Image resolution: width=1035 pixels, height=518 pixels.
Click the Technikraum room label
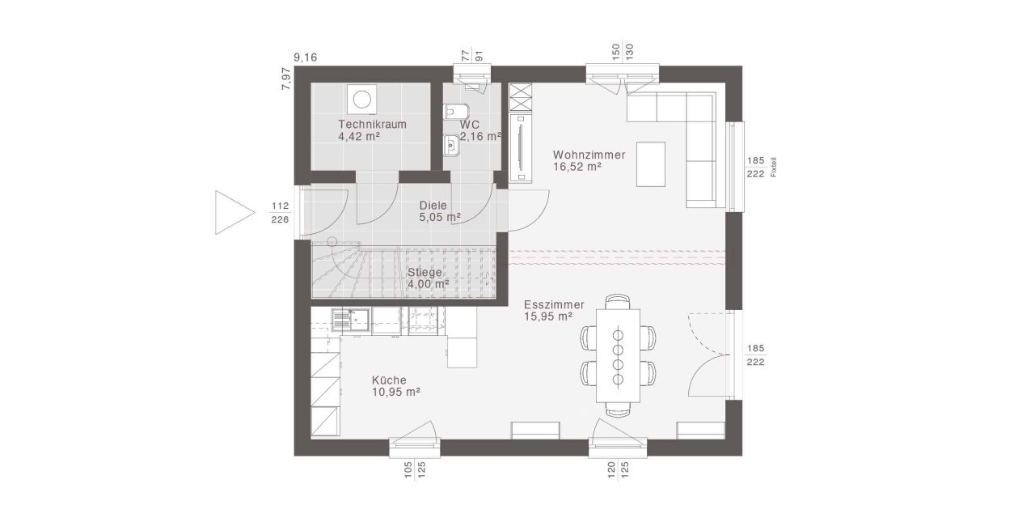click(372, 125)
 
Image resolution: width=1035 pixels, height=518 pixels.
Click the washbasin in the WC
click(450, 145)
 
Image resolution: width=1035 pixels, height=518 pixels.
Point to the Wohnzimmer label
click(589, 155)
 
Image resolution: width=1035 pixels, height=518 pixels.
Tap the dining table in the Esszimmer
click(618, 355)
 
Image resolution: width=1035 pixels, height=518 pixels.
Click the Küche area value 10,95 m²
click(395, 392)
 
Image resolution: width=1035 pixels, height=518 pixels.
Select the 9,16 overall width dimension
click(305, 57)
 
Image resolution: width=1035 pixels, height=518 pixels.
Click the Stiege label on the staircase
click(425, 273)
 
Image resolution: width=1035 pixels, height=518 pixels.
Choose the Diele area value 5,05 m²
click(440, 218)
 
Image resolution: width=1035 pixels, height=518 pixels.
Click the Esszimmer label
click(554, 305)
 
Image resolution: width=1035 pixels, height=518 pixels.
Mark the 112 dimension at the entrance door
click(280, 204)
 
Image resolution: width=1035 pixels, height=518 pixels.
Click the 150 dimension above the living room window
click(615, 53)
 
